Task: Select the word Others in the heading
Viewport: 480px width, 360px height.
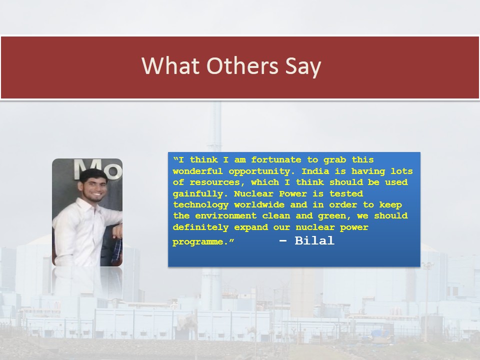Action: click(242, 66)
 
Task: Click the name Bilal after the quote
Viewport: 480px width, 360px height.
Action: click(314, 240)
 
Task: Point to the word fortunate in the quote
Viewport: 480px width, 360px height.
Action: click(276, 160)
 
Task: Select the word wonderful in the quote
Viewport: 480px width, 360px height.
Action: click(198, 171)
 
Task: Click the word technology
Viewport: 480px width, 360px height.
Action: click(200, 205)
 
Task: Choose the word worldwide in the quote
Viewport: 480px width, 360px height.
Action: click(259, 205)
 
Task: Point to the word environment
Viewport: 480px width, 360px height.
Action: click(225, 216)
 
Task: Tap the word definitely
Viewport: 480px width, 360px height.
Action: click(200, 227)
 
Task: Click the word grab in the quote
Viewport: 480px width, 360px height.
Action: click(335, 160)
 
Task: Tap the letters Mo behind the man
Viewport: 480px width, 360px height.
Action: click(97, 169)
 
